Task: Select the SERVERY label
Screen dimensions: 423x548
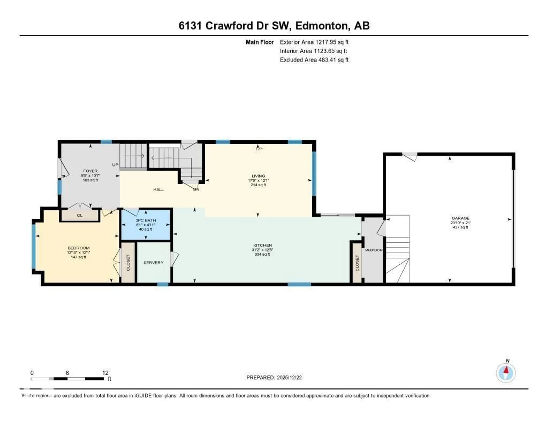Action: [x=153, y=263]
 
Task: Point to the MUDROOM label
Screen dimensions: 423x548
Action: [x=374, y=250]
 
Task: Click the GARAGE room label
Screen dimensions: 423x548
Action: [x=460, y=218]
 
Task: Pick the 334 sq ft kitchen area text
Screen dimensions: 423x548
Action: [x=262, y=254]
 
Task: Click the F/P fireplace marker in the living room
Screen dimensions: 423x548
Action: [x=259, y=149]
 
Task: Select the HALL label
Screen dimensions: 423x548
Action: [x=158, y=190]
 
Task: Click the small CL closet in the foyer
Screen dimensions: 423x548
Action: [x=79, y=215]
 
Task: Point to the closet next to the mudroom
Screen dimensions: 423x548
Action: [x=357, y=263]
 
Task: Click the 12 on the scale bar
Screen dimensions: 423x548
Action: [x=105, y=373]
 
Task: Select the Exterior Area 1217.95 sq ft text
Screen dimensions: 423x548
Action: [x=314, y=42]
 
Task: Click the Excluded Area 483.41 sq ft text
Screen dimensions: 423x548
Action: [x=314, y=60]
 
